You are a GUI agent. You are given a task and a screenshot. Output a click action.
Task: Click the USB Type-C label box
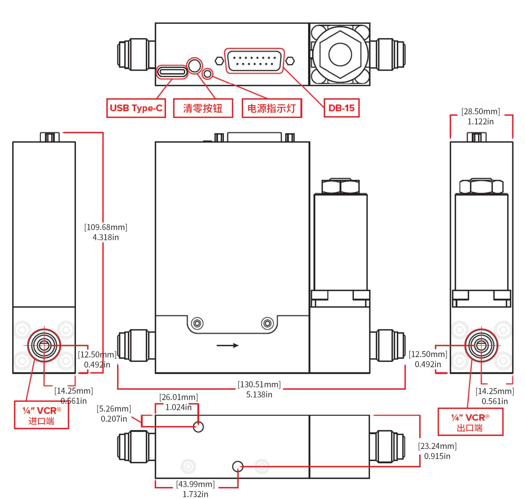click(136, 108)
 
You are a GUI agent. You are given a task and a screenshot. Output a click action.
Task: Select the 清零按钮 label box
click(203, 108)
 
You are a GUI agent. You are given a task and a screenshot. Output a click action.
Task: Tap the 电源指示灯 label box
click(271, 108)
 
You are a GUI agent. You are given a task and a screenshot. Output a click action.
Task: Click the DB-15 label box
click(341, 108)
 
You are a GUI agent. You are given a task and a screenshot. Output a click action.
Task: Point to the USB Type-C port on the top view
click(172, 71)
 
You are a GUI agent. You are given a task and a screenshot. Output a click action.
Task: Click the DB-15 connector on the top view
click(254, 61)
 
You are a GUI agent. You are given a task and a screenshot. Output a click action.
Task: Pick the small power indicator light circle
click(208, 74)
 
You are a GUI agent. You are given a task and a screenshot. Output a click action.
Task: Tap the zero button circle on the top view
click(194, 65)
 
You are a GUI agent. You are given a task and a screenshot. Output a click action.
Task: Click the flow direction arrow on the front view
click(227, 345)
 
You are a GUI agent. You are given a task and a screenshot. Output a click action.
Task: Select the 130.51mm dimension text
click(259, 385)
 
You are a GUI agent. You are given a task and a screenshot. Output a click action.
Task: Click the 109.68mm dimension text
click(106, 227)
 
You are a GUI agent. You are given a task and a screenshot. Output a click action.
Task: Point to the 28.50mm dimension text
click(481, 112)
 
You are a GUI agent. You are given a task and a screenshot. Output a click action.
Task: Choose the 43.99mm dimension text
click(195, 484)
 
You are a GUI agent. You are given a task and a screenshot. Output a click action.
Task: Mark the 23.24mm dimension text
click(437, 446)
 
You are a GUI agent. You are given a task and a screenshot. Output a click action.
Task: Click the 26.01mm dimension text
click(178, 397)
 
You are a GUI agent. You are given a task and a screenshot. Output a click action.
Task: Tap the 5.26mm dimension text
click(114, 409)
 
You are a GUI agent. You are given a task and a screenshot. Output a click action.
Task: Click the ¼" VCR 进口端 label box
click(41, 415)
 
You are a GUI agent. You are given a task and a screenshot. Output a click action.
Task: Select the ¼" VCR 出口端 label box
click(470, 422)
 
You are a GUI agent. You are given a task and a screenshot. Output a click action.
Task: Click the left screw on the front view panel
click(197, 323)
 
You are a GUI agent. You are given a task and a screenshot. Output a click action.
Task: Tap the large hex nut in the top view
click(340, 54)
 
